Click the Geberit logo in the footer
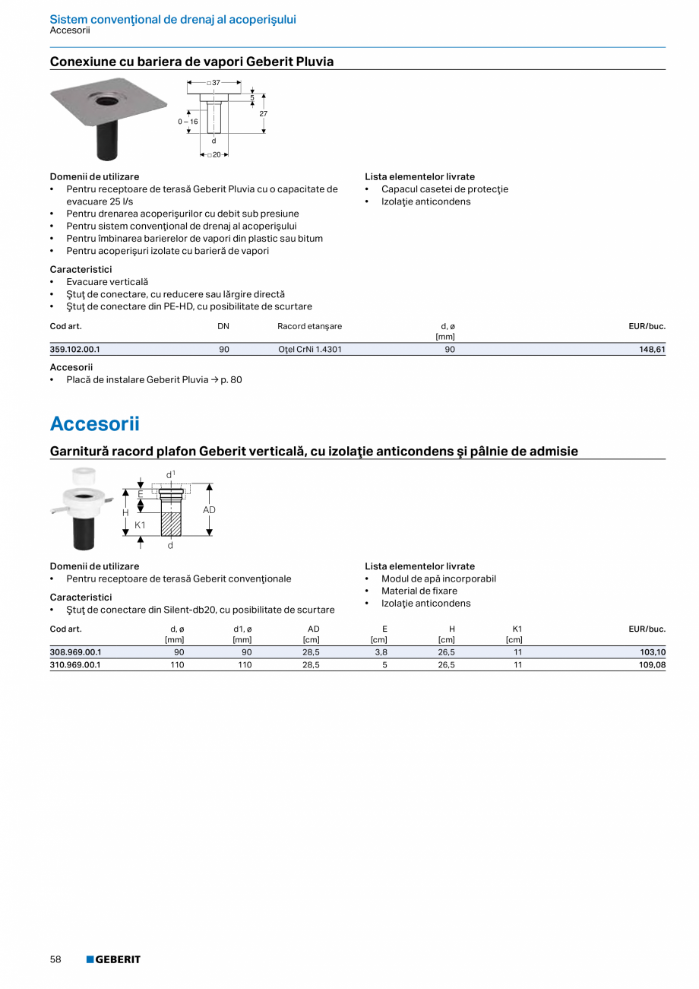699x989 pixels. point(113,959)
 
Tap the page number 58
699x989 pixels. point(55,959)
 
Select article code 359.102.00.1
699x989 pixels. point(74,350)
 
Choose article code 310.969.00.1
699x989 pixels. point(74,664)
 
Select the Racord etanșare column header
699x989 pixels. point(309,326)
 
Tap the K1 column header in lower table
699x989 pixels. point(517,629)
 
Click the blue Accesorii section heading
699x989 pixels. point(94,423)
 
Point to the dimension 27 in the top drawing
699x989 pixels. point(263,113)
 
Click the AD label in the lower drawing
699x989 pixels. point(209,510)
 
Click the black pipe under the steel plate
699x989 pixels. point(107,137)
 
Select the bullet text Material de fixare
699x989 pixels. point(419,591)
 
